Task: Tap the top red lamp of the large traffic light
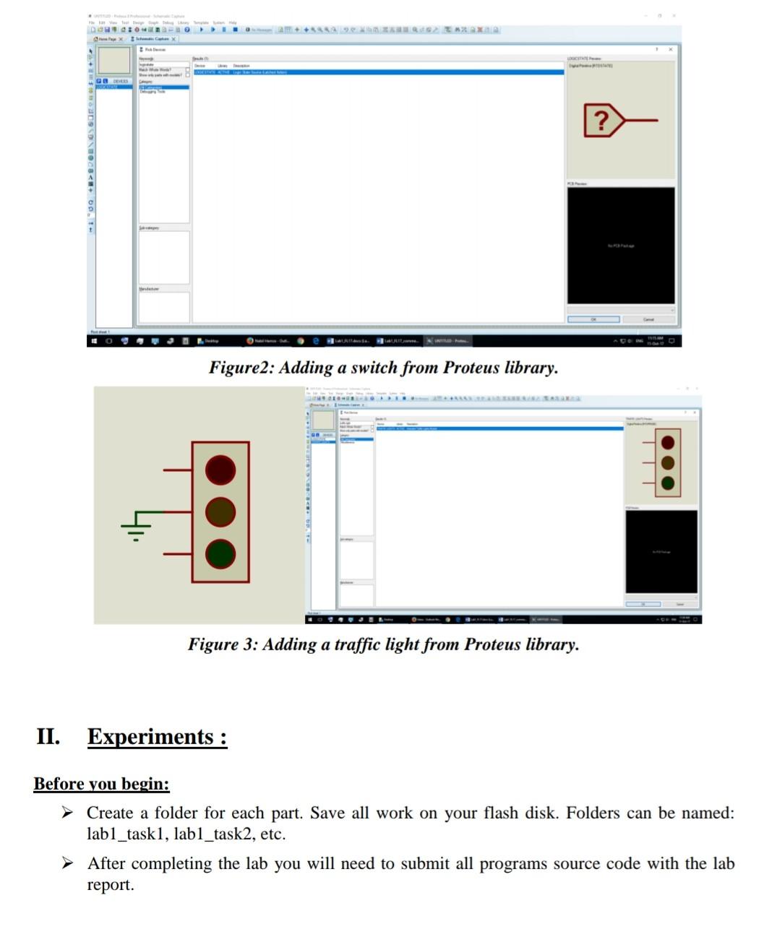pyautogui.click(x=220, y=470)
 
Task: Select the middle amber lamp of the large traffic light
pyautogui.click(x=220, y=511)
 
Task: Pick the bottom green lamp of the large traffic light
pyautogui.click(x=220, y=553)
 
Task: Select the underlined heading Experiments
pyautogui.click(x=157, y=737)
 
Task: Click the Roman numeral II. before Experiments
pyautogui.click(x=48, y=737)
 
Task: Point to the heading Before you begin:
pyautogui.click(x=101, y=784)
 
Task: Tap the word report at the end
pyautogui.click(x=110, y=885)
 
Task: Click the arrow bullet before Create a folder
pyautogui.click(x=67, y=813)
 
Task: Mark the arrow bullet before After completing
pyautogui.click(x=67, y=863)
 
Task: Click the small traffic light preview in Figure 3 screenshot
pyautogui.click(x=668, y=463)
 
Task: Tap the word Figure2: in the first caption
pyautogui.click(x=241, y=368)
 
